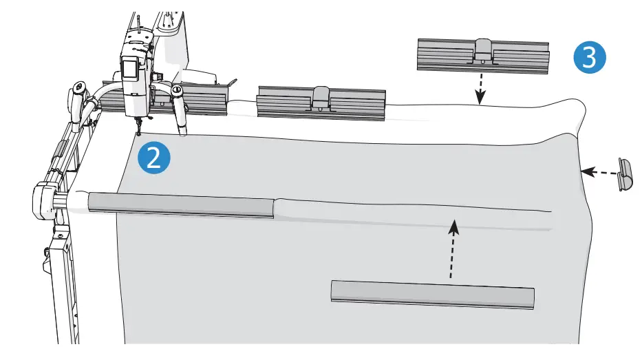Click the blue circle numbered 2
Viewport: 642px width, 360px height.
coord(154,158)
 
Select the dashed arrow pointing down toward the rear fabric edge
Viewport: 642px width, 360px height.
coord(480,90)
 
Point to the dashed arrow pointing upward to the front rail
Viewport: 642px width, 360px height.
coord(452,248)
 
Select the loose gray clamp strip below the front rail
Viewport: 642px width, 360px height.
coord(432,294)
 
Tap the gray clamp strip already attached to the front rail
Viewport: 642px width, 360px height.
coord(180,204)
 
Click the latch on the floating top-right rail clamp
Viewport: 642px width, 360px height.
coord(482,50)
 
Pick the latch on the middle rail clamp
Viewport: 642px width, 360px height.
coord(321,98)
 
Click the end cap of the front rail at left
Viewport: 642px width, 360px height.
coord(43,199)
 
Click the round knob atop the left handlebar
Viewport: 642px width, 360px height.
coord(78,87)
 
